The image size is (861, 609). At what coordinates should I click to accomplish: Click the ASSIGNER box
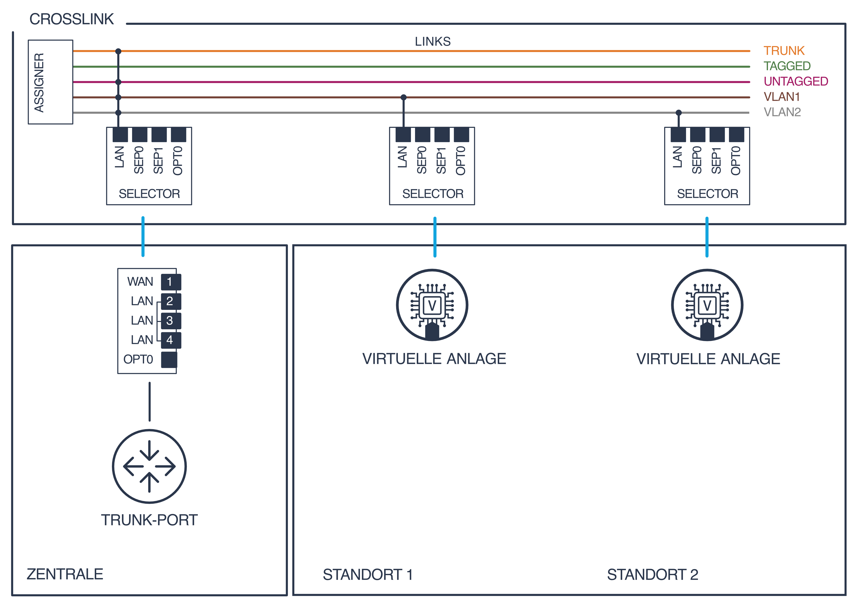tap(50, 82)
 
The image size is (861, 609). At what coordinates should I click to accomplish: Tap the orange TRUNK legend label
tap(784, 51)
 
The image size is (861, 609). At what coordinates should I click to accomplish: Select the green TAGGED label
tap(787, 66)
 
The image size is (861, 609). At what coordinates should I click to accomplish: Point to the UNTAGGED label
tap(795, 81)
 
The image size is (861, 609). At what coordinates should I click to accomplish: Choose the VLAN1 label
tap(781, 97)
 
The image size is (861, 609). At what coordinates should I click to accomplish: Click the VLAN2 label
tap(782, 112)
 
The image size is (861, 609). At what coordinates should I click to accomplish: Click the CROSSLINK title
tap(72, 19)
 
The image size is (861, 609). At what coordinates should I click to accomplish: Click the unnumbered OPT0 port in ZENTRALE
tap(169, 360)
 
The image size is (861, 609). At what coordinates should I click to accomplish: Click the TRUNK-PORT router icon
tap(149, 466)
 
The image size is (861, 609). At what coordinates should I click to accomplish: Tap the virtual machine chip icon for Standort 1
tap(432, 305)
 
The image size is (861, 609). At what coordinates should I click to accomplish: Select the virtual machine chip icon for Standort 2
tap(707, 305)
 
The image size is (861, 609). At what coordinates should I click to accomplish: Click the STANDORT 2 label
tap(653, 574)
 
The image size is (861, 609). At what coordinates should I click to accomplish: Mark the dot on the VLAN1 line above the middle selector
tap(404, 97)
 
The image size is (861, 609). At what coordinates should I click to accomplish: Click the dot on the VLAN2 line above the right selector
tap(678, 112)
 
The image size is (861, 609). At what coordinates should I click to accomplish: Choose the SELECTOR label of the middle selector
tap(433, 194)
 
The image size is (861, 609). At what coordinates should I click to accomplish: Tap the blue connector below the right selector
tap(707, 237)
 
